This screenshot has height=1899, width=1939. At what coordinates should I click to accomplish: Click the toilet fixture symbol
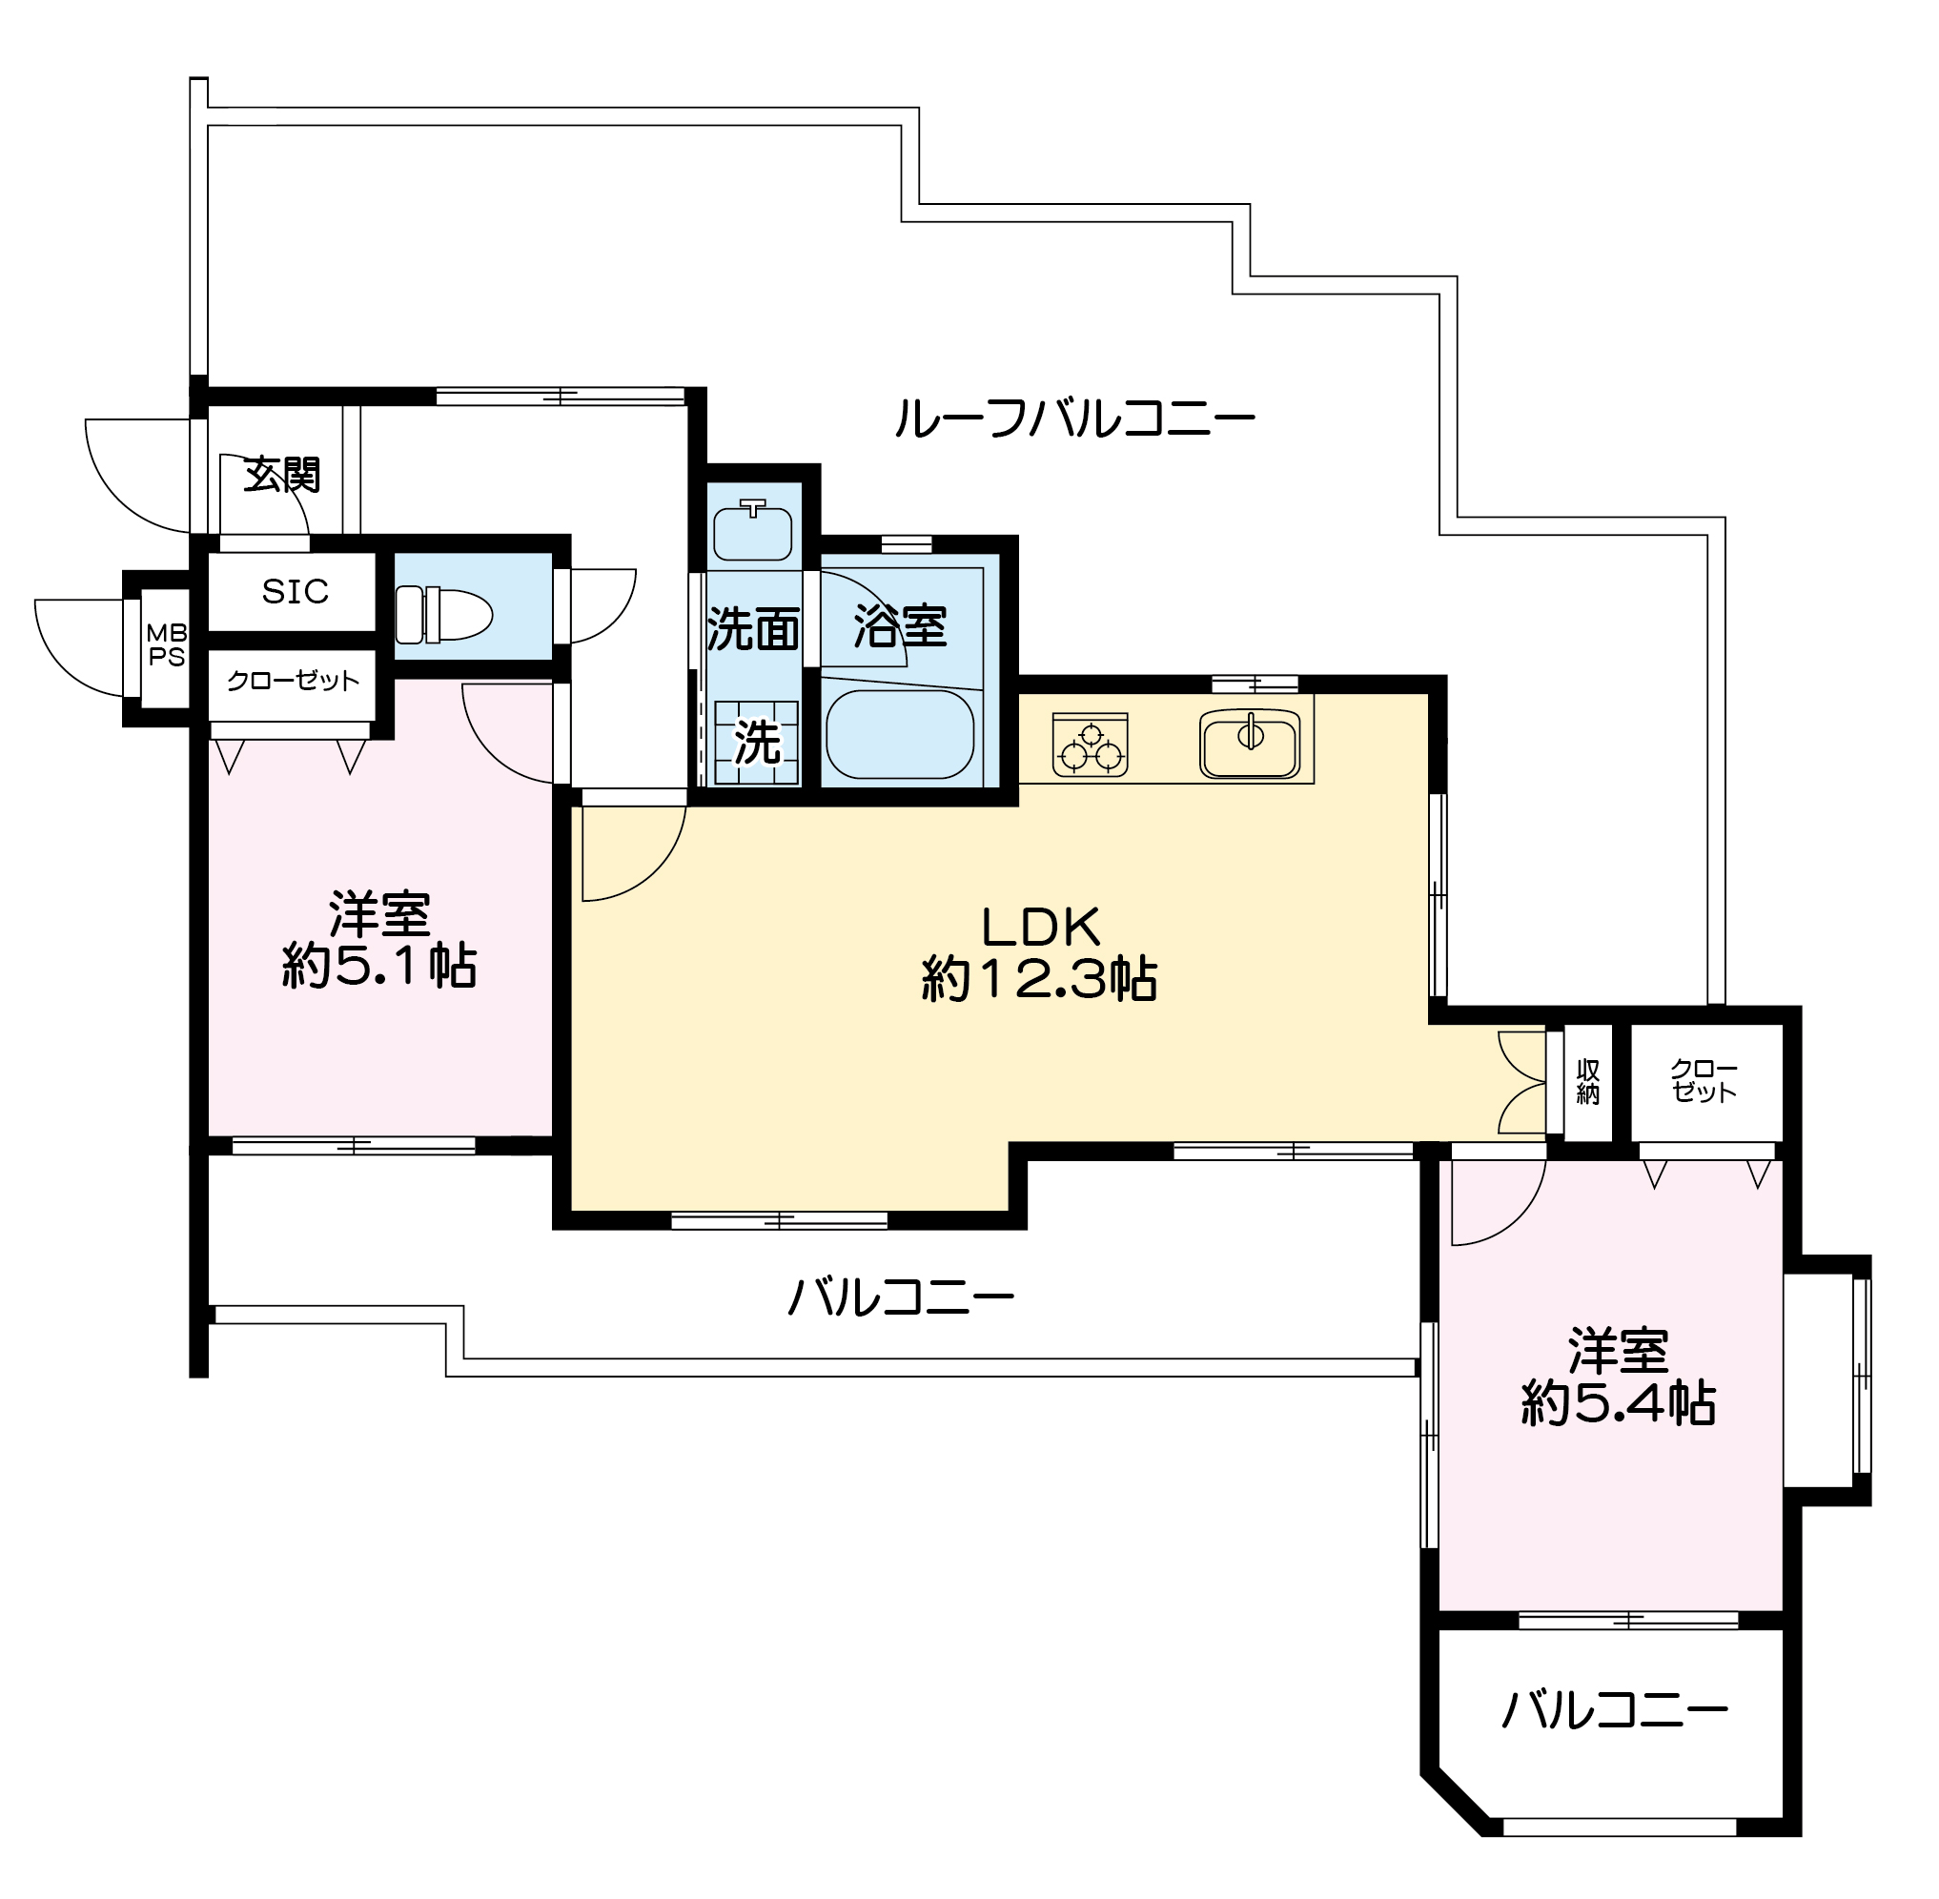tap(444, 614)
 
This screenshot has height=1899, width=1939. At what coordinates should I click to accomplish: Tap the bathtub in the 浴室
tap(900, 733)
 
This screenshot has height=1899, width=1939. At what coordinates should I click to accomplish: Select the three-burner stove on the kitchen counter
tap(1091, 745)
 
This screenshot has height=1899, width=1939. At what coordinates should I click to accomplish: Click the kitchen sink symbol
tap(1250, 744)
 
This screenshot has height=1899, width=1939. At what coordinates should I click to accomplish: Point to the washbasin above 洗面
tap(753, 532)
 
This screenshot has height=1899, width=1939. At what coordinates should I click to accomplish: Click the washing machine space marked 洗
tap(757, 742)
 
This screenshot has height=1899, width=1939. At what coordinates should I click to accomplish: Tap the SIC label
tap(296, 591)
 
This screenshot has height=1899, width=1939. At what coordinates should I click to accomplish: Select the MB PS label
tap(167, 645)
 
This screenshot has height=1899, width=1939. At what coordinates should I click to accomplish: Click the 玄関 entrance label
tap(282, 475)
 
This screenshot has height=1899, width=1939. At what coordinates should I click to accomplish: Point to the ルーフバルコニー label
tap(1074, 418)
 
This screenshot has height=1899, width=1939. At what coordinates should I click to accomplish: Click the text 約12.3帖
tap(1039, 978)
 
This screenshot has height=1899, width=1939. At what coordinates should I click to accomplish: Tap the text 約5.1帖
tap(379, 966)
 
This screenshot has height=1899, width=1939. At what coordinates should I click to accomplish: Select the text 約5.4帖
tap(1618, 1403)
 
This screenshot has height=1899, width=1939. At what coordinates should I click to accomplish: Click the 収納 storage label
tap(1588, 1082)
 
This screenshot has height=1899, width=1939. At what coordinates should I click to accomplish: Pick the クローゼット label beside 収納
tap(1704, 1081)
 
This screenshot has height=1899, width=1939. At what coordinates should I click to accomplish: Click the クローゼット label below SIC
tap(294, 682)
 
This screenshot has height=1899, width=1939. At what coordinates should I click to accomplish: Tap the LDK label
tap(1041, 927)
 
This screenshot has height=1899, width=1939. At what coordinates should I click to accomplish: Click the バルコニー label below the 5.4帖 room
tap(1615, 1710)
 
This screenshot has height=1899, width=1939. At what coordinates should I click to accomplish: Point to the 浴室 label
tap(900, 626)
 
